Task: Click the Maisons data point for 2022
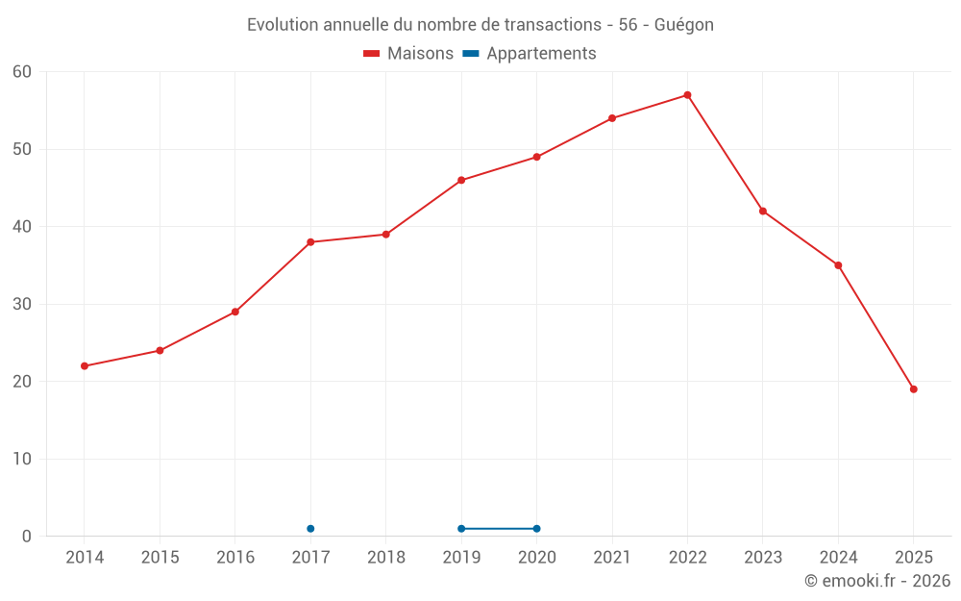pyautogui.click(x=687, y=95)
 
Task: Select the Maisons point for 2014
pyautogui.click(x=85, y=366)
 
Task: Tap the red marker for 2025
pyautogui.click(x=913, y=389)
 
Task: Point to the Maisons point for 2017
pyautogui.click(x=310, y=242)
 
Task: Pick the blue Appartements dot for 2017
pyautogui.click(x=310, y=529)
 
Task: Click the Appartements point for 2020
pyautogui.click(x=536, y=529)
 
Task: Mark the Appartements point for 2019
pyautogui.click(x=461, y=529)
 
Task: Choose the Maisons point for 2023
pyautogui.click(x=763, y=212)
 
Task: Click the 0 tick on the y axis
pyautogui.click(x=27, y=537)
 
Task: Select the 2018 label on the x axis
pyautogui.click(x=385, y=558)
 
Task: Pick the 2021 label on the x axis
pyautogui.click(x=612, y=558)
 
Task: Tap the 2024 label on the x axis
pyautogui.click(x=838, y=558)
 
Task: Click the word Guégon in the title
pyautogui.click(x=683, y=25)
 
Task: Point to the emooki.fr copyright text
pyautogui.click(x=876, y=581)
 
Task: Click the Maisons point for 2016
pyautogui.click(x=235, y=312)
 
